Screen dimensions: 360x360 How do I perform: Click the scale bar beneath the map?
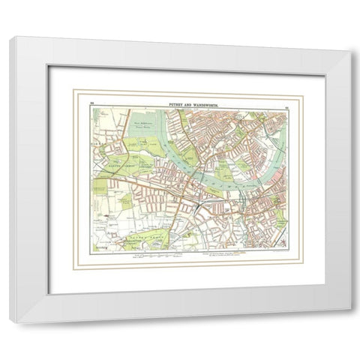point(157,256)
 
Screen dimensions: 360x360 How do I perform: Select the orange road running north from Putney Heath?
point(177,225)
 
